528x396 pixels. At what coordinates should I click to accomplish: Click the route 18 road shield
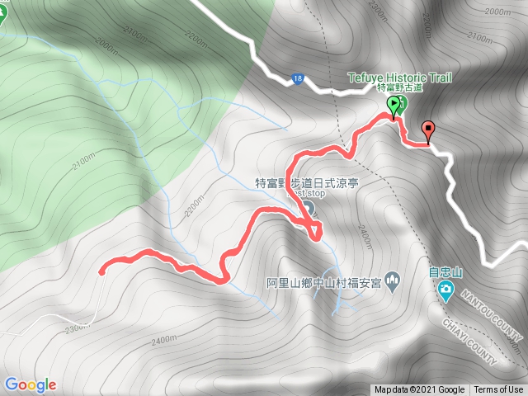pos(298,79)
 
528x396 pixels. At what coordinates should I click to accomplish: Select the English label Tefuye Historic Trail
pos(399,78)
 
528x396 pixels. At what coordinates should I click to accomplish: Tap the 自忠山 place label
pos(446,271)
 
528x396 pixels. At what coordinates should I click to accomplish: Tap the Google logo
pos(30,384)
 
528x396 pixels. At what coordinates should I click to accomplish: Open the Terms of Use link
pos(498,390)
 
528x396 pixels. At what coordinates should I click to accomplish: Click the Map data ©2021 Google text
pos(420,390)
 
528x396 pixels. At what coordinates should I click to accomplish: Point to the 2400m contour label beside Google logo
pos(163,339)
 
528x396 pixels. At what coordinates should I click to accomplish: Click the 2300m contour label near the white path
pos(76,328)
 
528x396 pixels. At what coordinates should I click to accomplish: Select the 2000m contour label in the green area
pos(107,42)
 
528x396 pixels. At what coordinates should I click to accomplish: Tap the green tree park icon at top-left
pos(2,16)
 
